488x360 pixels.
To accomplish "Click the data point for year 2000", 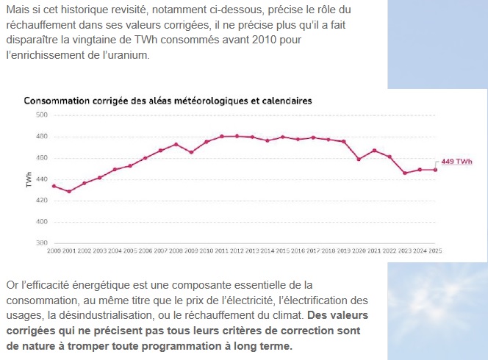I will [54, 186].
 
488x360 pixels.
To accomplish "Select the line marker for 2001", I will [69, 191].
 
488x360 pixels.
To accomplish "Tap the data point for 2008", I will [176, 144].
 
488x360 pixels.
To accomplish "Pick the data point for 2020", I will [359, 159].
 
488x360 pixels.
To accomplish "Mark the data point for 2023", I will [404, 173].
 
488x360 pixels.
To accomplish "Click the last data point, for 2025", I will [435, 170].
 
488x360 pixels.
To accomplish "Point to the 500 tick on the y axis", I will [41, 115].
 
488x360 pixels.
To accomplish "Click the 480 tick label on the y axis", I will [41, 136].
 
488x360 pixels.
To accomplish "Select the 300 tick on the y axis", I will [41, 242].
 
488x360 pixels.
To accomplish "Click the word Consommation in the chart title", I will [58, 100].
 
